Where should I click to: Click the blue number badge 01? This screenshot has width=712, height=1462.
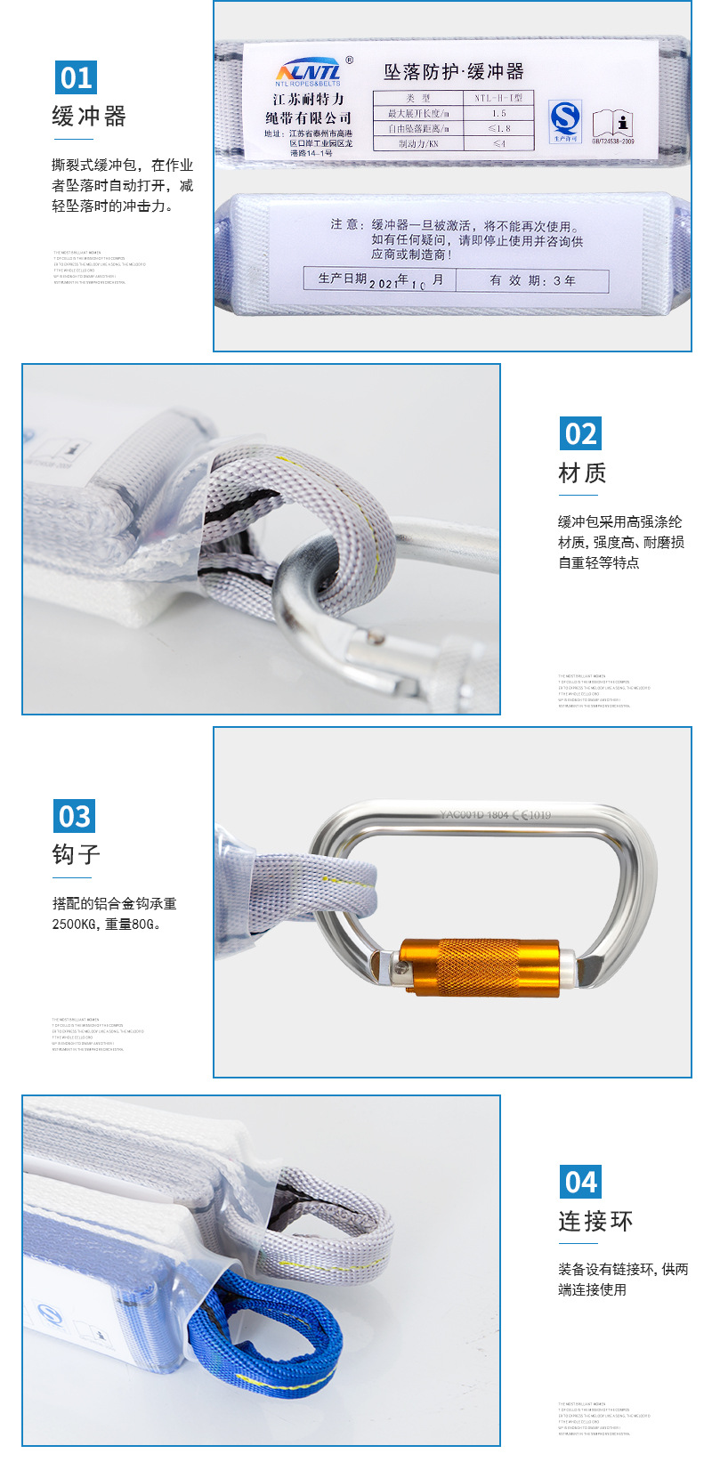[x=76, y=77]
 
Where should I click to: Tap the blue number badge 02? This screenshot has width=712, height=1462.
[x=580, y=433]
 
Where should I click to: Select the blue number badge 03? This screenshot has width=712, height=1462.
[x=75, y=816]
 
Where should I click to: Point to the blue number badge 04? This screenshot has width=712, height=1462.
[x=580, y=1182]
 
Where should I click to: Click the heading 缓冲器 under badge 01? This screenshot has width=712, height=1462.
[x=89, y=117]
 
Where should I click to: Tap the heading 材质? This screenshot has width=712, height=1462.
[x=582, y=473]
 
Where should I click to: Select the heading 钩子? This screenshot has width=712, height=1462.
[x=77, y=855]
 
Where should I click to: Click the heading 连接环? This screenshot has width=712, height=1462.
[x=595, y=1222]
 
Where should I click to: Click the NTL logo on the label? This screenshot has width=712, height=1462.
[x=309, y=71]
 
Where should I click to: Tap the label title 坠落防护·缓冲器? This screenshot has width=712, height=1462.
[x=454, y=71]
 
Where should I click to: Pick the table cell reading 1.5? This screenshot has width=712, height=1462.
[x=498, y=113]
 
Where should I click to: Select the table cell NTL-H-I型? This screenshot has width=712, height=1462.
[x=498, y=98]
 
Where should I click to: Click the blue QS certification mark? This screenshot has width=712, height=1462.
[x=564, y=120]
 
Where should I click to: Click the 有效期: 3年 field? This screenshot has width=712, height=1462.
[x=532, y=280]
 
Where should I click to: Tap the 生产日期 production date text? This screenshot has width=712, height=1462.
[x=343, y=279]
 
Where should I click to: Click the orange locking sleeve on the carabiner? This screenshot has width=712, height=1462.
[x=479, y=965]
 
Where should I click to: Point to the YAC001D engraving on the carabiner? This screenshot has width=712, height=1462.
[x=473, y=814]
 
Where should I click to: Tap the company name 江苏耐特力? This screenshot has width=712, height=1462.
[x=308, y=100]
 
